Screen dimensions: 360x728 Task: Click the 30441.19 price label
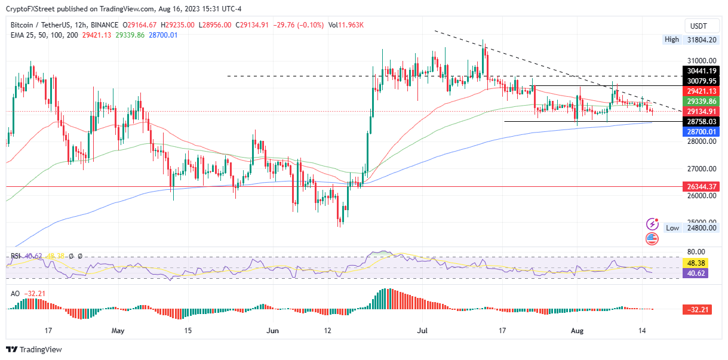[702, 70]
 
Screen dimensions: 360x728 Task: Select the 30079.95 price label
[702, 81]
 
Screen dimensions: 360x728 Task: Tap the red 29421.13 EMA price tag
[702, 91]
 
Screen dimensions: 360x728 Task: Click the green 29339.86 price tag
[702, 101]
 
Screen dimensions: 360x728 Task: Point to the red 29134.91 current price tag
[702, 112]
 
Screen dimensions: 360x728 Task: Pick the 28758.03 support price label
[702, 121]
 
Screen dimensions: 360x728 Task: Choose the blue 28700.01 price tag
[702, 131]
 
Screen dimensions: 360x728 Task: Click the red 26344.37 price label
[702, 187]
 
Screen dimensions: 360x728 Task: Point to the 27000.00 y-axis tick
[701, 168]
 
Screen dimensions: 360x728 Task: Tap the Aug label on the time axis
[577, 330]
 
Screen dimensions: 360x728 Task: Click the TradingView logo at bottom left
[34, 350]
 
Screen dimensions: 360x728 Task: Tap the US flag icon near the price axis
[652, 239]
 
